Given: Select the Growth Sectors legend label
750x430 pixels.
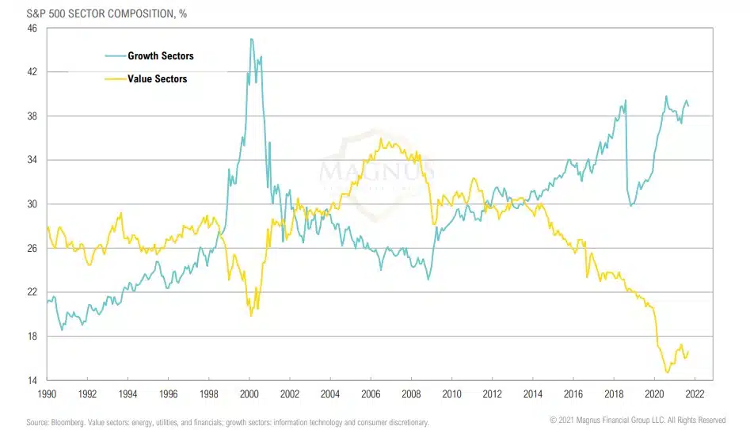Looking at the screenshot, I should (160, 56).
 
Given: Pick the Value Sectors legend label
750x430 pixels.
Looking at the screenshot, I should (157, 78).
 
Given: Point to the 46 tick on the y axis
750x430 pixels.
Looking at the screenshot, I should (32, 29).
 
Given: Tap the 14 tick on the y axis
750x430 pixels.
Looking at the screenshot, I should (32, 381).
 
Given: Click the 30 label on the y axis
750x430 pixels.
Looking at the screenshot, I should (32, 204).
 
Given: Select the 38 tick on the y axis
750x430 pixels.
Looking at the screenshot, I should (32, 116).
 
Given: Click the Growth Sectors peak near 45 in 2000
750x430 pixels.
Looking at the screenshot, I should (251, 39).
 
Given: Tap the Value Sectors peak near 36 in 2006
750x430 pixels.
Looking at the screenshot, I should (382, 139).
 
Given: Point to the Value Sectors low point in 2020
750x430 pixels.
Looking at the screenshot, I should (667, 372).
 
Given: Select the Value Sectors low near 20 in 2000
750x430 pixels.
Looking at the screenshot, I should (251, 315).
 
